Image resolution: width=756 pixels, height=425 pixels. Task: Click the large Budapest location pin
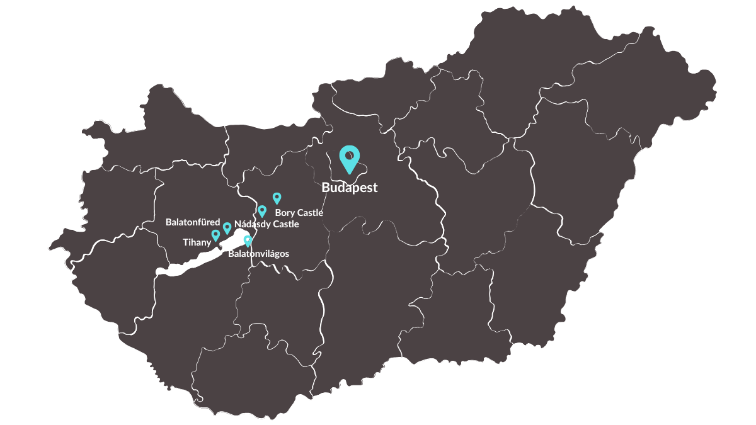tap(349, 158)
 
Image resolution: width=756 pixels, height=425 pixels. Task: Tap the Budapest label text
tap(349, 188)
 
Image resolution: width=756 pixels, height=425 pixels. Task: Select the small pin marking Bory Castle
tap(277, 198)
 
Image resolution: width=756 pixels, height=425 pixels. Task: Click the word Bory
tap(285, 213)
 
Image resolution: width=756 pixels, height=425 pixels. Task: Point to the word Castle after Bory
tap(310, 213)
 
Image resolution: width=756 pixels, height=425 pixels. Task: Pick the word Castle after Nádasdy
tap(285, 224)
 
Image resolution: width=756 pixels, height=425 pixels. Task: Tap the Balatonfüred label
tap(193, 222)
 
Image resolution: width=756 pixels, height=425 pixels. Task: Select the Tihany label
tap(197, 242)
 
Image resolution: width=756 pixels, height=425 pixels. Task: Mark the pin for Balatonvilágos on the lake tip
tap(248, 240)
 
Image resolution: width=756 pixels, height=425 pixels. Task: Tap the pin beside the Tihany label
tap(215, 235)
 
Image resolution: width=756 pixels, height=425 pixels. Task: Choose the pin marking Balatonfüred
tap(227, 227)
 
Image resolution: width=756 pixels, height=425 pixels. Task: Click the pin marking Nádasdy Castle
tap(262, 210)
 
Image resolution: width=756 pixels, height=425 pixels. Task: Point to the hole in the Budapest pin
tap(349, 155)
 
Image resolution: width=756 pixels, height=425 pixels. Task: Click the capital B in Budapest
tap(326, 188)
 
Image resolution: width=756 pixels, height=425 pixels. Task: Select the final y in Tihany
tap(208, 243)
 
